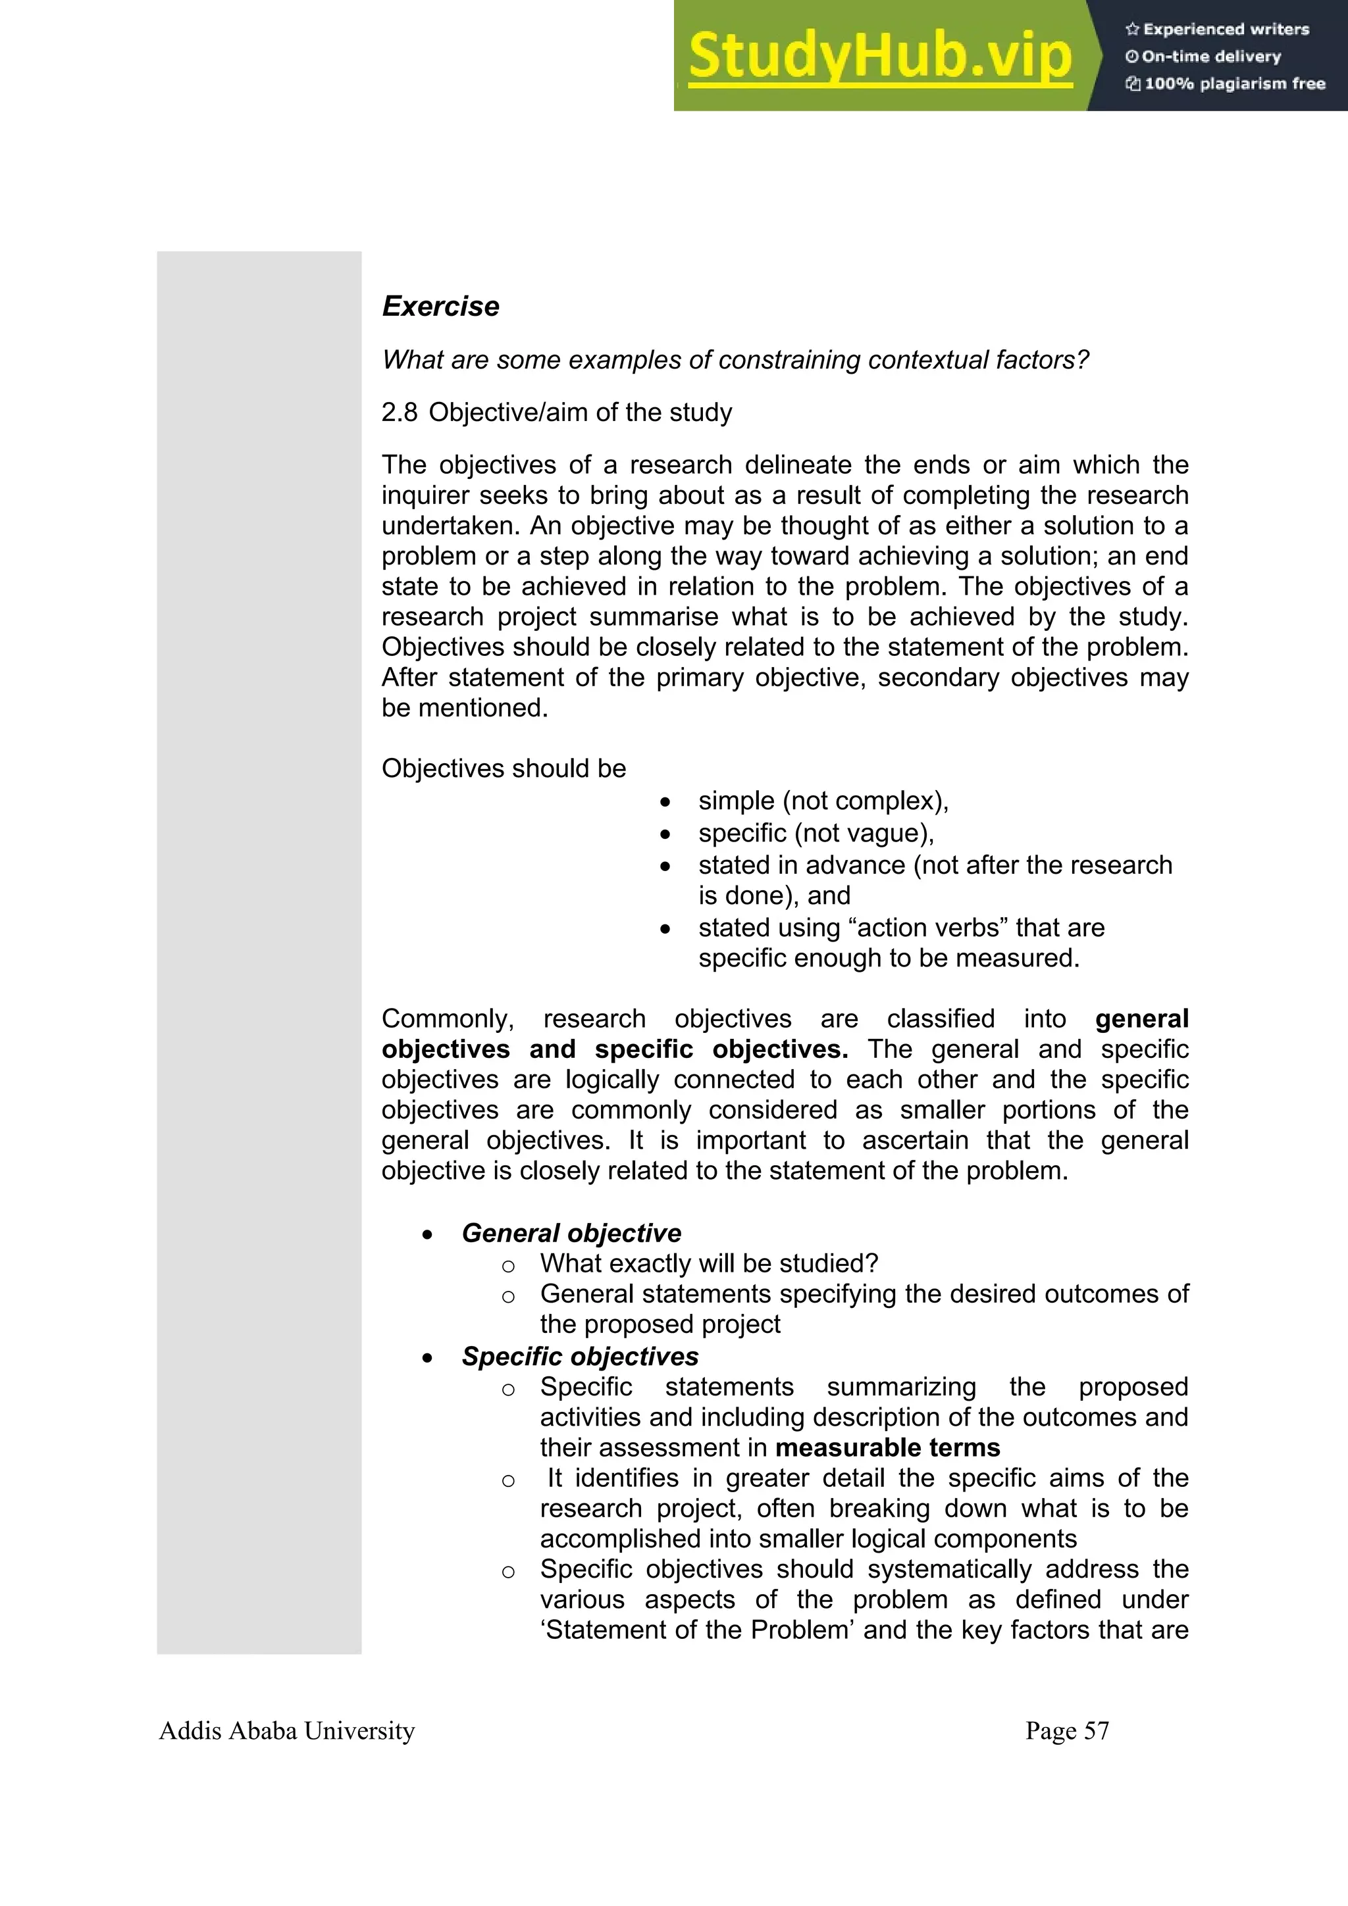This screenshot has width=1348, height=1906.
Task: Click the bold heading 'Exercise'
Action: (x=440, y=307)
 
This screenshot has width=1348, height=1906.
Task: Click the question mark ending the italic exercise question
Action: (x=1081, y=361)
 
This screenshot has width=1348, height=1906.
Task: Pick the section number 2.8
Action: (x=400, y=413)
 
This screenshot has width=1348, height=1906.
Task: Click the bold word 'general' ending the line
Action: (x=1141, y=1018)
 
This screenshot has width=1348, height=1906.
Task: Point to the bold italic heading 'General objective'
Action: (x=571, y=1233)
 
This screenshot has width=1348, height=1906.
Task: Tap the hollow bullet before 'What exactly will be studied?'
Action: (x=508, y=1266)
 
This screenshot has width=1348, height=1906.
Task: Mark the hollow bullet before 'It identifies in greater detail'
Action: (x=508, y=1480)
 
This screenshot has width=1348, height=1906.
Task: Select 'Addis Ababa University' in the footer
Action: (x=286, y=1731)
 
